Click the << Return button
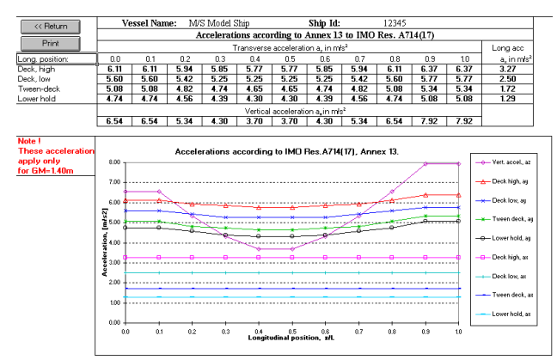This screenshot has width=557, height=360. (x=50, y=27)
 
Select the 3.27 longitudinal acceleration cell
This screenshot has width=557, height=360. (x=507, y=68)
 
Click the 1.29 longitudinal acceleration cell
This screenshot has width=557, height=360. (x=507, y=98)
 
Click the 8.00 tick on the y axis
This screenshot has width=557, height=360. (x=113, y=162)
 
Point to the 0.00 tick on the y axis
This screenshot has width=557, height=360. (x=113, y=322)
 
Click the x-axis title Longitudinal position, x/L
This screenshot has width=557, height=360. (x=291, y=342)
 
